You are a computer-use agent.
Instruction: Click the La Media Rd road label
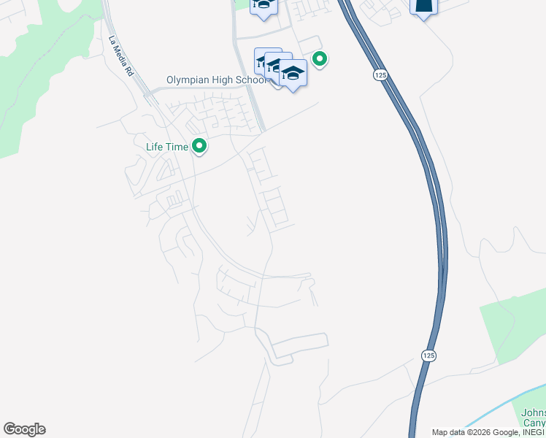point(121,57)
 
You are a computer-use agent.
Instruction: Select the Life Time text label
point(166,147)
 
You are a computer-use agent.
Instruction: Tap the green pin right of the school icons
point(319,58)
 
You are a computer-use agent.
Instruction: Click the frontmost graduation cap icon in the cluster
point(293,73)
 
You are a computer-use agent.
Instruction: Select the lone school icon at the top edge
point(263,5)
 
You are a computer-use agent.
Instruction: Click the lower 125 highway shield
point(428,354)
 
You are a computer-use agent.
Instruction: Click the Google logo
point(24,429)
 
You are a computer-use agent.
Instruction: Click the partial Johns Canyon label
point(534,418)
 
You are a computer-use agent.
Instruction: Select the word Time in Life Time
point(177,147)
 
